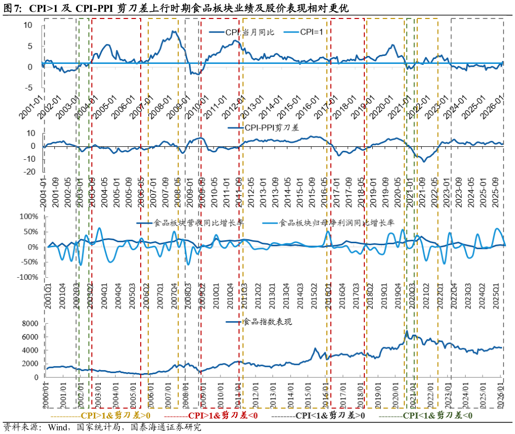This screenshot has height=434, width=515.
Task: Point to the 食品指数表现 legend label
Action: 267,322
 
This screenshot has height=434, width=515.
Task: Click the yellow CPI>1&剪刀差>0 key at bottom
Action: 100,416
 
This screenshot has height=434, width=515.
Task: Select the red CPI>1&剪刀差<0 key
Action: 210,416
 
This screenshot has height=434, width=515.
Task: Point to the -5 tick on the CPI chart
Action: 29,88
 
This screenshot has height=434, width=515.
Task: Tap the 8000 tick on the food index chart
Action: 28,324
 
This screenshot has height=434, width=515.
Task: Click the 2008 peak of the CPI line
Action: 173,31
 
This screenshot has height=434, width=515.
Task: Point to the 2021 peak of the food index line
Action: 407,331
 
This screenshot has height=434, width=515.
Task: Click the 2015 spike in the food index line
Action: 315,349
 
